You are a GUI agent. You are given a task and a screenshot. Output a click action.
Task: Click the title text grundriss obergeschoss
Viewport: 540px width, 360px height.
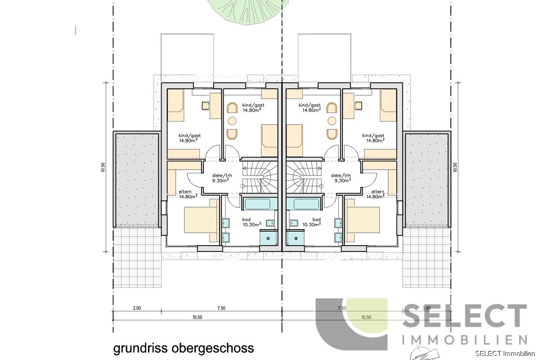(183, 348)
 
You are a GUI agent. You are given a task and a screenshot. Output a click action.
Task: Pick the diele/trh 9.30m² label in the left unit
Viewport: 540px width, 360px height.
(220, 178)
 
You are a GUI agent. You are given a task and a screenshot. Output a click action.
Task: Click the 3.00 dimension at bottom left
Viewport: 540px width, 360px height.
(137, 309)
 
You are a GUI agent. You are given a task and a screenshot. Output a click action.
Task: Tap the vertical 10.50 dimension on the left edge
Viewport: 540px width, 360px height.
(103, 167)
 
